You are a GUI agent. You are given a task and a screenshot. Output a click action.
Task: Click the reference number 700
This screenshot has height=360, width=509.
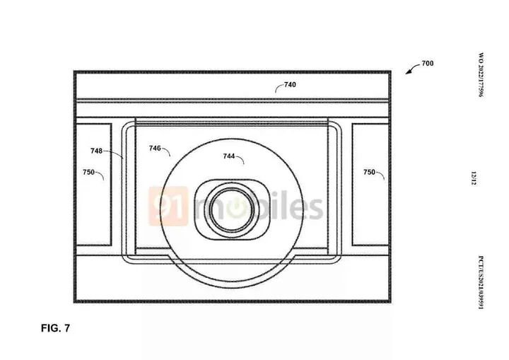[427, 64]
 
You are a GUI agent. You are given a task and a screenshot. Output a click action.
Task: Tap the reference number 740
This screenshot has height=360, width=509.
[290, 85]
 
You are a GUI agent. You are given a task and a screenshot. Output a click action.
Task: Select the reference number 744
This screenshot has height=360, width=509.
[229, 156]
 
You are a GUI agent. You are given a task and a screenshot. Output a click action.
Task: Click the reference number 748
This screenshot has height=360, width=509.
[97, 151]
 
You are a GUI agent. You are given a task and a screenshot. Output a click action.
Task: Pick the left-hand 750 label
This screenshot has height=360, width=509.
[88, 172]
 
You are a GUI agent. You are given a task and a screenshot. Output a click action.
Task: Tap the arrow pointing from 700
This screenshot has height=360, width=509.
[411, 68]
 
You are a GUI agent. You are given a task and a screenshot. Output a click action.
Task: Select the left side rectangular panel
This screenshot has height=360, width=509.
[93, 185]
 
